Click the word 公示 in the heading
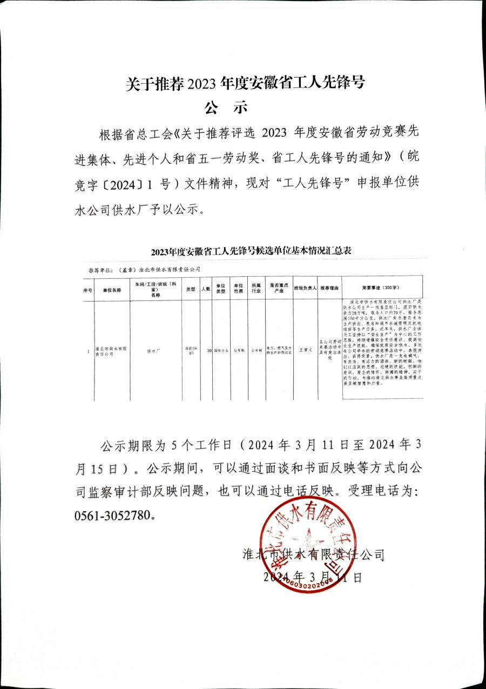tap(226, 107)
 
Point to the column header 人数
tap(205, 290)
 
